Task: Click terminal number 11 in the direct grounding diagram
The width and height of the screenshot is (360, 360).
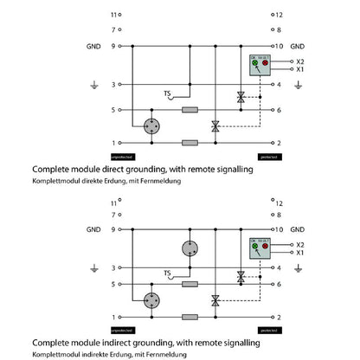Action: point(112,15)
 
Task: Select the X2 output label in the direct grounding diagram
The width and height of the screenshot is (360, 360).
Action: point(300,62)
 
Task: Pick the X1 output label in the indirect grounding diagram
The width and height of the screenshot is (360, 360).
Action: point(300,253)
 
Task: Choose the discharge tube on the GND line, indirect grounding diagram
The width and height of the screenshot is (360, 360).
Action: point(190,250)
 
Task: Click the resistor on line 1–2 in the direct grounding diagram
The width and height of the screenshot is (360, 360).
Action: point(190,142)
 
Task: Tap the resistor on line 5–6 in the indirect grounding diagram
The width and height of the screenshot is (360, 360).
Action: point(190,284)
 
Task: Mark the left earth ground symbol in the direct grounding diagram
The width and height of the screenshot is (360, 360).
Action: point(93,86)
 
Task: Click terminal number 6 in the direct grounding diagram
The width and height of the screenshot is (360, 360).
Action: point(279,110)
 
